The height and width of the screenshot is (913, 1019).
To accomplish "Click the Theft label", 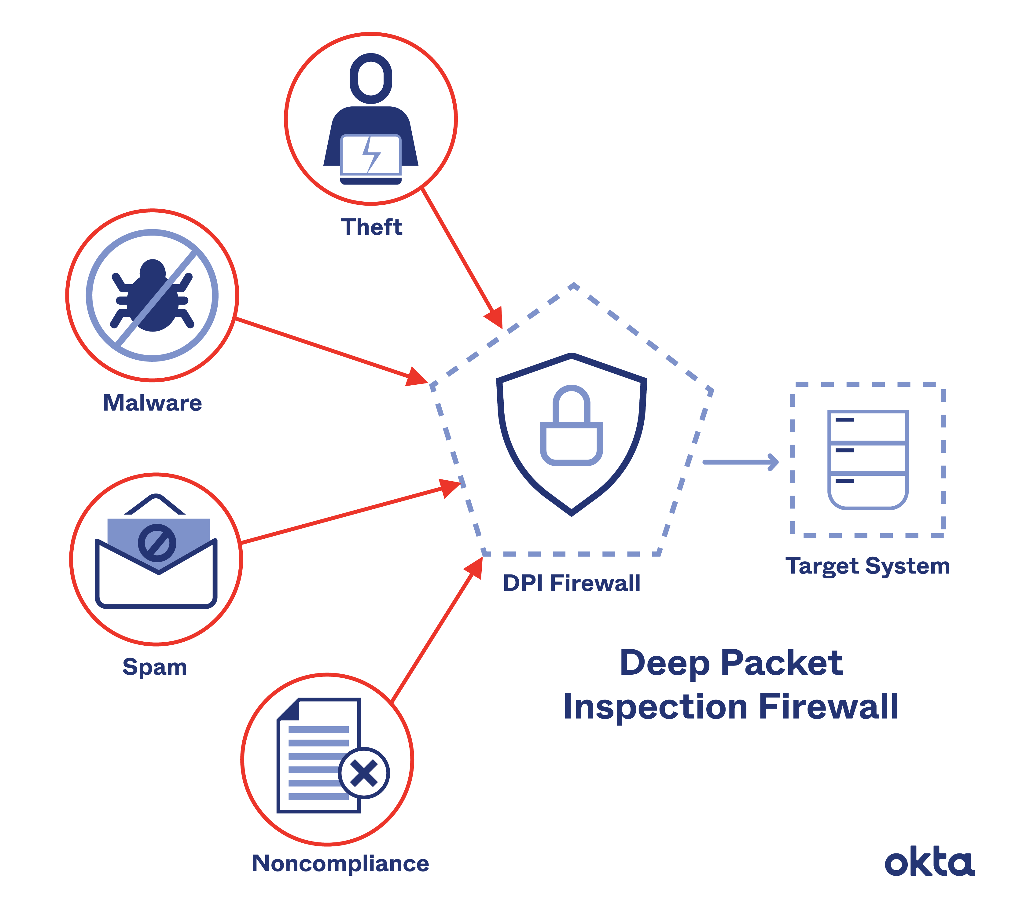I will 371,227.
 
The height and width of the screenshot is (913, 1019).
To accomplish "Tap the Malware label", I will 153,403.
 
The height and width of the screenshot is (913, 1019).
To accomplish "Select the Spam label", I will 155,667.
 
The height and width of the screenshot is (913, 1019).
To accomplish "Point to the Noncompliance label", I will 340,863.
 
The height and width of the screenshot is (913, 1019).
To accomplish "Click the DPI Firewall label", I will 572,583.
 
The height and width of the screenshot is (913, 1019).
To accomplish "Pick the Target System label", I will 867,566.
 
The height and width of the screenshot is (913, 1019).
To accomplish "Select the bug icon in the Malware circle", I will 152,296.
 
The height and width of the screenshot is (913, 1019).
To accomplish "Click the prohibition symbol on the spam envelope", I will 157,543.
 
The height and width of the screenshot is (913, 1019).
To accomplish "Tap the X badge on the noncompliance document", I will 364,773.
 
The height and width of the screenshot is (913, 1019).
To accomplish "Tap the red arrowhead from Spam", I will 450,487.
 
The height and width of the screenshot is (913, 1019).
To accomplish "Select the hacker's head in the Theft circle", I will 371,79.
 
